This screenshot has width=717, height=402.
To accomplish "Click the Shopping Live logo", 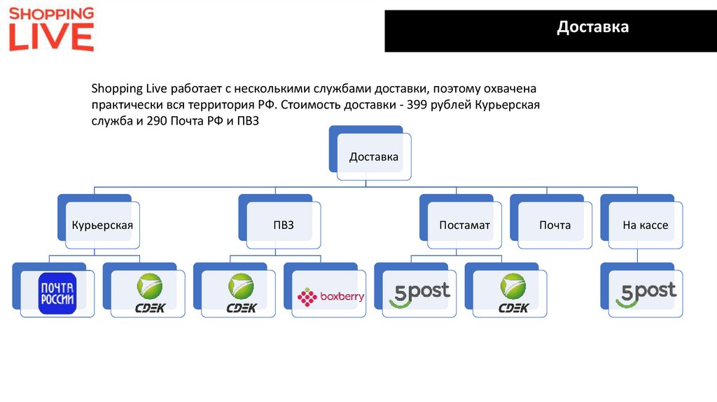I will coord(51,29).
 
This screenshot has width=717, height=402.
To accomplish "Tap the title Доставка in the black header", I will coord(592,27).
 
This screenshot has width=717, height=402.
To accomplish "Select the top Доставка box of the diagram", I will coord(374,156).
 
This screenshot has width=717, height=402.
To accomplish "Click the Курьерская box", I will coord(102,225).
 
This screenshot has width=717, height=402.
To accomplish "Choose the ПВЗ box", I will coord(284,225).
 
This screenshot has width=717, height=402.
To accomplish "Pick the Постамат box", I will coord(464,225).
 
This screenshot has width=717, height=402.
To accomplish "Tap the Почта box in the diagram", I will coord(555,225).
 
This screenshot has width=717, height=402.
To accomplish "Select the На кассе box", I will coord(645,225).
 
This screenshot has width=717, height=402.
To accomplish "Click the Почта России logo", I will coord(57,293).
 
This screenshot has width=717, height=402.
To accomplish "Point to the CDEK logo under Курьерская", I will coord(149,293).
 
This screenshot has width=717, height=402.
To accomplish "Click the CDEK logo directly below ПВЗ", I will coord(239,293).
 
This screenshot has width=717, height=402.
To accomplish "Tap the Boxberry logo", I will coord(330,297).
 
